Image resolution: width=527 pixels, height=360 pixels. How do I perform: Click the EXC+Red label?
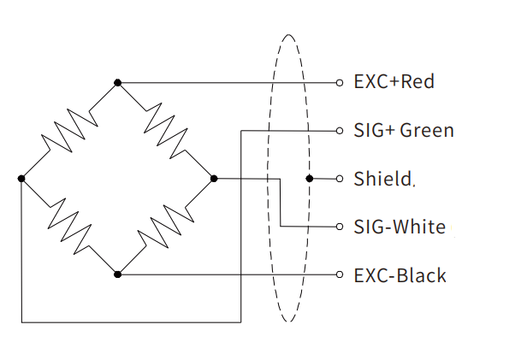394,82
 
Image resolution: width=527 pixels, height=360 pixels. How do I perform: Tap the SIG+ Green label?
404,131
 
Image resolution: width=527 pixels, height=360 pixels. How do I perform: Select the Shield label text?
382,179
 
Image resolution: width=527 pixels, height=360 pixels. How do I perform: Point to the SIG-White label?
400,227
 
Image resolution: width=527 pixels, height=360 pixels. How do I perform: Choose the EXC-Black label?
400,275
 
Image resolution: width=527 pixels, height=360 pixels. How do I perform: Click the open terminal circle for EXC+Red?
340,83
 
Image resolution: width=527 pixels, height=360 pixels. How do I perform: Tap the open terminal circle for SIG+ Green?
340,131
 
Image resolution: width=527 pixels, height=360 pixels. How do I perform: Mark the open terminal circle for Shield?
340,179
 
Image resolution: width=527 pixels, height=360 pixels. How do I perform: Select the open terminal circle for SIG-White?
340,227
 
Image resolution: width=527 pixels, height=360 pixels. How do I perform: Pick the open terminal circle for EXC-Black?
340,274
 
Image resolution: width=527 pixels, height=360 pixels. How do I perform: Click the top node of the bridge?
118,83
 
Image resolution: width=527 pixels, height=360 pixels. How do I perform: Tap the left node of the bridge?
21,178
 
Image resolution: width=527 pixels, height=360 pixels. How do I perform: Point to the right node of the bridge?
214,178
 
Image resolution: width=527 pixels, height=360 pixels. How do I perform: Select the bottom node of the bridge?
118,274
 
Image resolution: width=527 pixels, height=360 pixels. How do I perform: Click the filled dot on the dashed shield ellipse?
309,179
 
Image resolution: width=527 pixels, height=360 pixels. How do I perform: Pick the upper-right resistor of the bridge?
166,130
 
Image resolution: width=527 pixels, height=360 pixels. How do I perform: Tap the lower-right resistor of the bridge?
166,226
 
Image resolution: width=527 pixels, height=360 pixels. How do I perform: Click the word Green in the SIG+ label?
427,131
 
